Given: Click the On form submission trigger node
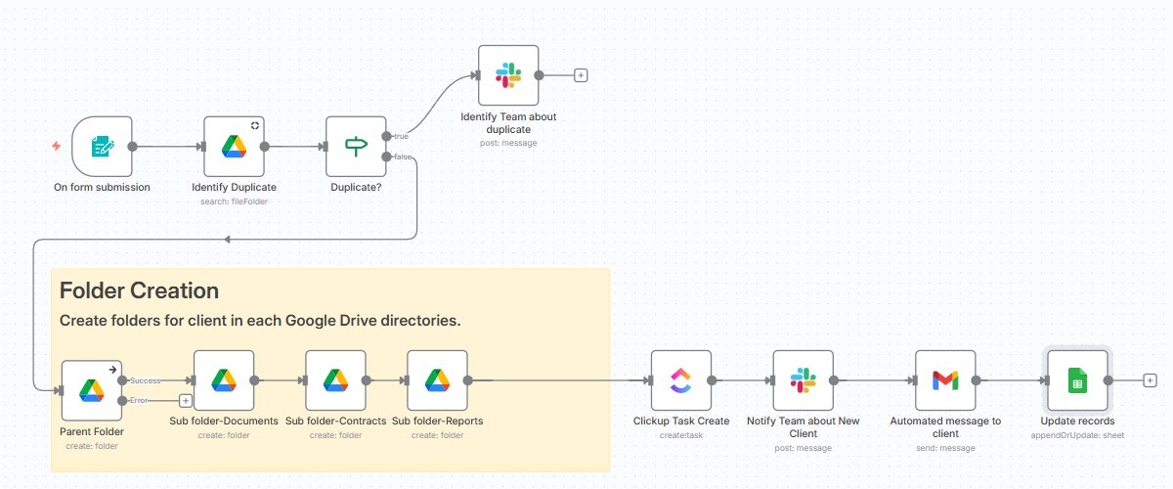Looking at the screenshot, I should (102, 147).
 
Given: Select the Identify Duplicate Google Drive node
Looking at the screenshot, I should (234, 147).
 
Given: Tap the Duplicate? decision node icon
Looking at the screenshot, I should (355, 147).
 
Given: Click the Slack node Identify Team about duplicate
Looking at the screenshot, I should (507, 74).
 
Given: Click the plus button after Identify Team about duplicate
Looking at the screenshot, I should (581, 74).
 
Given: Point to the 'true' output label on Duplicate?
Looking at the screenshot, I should (401, 136).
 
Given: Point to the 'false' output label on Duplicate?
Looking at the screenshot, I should (402, 156).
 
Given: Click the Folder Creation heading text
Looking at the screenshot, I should (139, 290).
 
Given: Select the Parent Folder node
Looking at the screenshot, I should (91, 390).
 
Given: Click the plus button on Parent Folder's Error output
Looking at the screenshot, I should (185, 400).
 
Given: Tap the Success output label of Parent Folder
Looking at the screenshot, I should (147, 379).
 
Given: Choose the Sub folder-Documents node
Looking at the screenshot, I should (224, 380).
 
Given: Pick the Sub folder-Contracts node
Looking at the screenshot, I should (335, 380).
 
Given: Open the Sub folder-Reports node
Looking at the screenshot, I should (437, 380).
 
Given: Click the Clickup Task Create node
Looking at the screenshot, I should (680, 380).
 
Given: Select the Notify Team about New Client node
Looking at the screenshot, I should (803, 380).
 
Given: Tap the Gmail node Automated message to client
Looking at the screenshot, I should (945, 380).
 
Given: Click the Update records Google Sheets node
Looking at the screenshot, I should (1076, 380).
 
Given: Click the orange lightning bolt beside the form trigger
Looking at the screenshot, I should (57, 147).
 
